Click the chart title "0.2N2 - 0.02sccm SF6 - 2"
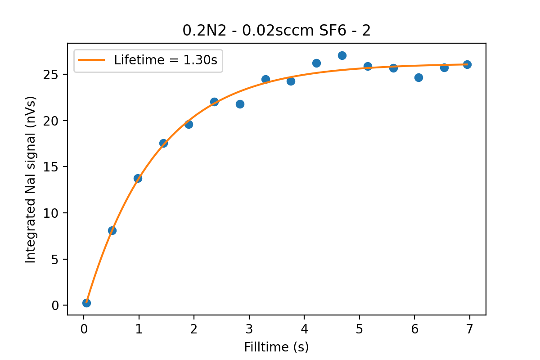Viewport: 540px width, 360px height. pos(276,31)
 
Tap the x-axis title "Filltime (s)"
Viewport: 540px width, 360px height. pos(276,347)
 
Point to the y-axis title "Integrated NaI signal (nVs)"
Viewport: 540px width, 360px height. pos(31,179)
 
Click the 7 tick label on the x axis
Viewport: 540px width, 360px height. pos(470,329)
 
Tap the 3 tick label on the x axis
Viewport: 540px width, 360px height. pos(249,329)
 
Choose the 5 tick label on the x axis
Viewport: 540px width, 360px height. pos(360,329)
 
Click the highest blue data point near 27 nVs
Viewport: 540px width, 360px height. pos(342,55)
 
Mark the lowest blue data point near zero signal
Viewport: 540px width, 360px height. pos(86,303)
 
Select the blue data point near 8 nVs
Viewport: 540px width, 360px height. pos(112,230)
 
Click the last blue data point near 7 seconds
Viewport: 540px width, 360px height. pos(467,64)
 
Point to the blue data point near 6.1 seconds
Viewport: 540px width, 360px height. pos(418,77)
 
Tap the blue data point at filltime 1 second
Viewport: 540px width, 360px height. pos(138,178)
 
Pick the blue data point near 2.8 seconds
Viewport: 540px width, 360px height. pos(240,104)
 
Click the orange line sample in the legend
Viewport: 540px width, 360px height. pos(91,60)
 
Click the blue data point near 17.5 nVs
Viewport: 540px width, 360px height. pos(163,143)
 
